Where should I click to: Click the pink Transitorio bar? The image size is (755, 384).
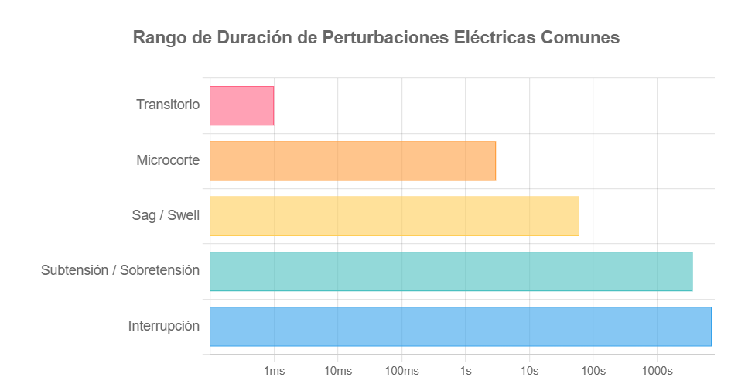point(242,105)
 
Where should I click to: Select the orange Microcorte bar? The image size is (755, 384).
point(353,161)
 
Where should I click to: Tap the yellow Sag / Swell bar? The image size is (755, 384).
point(395,216)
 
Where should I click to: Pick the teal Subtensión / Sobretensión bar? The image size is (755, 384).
point(451,271)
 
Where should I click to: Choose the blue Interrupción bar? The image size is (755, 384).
point(460,326)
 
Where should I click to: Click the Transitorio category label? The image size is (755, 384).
point(168,105)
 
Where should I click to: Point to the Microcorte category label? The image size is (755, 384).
point(168,160)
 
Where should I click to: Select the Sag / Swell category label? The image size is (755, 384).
point(166,215)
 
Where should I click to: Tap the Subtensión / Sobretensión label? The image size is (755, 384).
point(120,271)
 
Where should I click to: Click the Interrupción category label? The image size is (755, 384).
point(164,326)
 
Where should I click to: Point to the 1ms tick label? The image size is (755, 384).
point(274,371)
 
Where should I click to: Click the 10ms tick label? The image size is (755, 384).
point(337,371)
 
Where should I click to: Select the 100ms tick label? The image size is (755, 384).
point(401,371)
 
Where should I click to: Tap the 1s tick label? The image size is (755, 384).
point(466,371)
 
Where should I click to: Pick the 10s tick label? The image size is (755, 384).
point(529,371)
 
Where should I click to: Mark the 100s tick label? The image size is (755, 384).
point(593,371)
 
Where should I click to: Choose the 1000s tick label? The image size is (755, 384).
point(657,371)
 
